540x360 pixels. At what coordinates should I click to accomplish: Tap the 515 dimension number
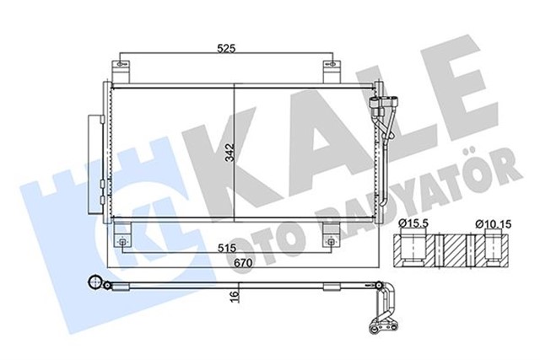pos(222,250)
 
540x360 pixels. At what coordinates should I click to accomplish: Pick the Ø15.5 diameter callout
pos(409,223)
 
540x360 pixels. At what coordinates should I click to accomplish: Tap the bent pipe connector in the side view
pos(387,308)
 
